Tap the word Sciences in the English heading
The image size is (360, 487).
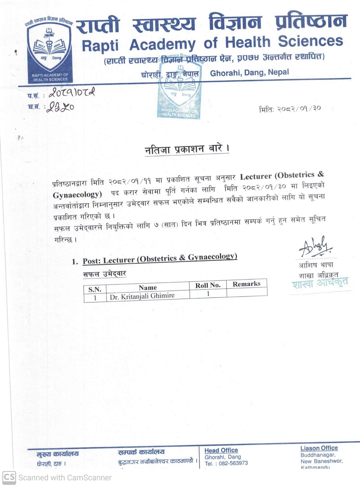click(310, 41)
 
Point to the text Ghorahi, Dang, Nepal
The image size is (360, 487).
click(249, 72)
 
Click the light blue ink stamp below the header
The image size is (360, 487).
click(179, 91)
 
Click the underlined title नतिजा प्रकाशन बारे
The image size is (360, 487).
click(187, 149)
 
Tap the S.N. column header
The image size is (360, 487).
click(95, 289)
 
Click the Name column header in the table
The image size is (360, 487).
click(148, 288)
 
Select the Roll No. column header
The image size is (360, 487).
click(208, 285)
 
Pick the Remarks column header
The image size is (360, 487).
click(246, 284)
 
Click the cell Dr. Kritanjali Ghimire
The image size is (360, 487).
click(142, 296)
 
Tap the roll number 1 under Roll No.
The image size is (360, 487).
click(208, 294)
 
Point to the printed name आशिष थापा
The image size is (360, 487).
click(316, 265)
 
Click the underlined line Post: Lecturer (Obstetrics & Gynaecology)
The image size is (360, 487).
click(160, 259)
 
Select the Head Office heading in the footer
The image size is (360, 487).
click(221, 450)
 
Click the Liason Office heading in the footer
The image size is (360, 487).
click(319, 448)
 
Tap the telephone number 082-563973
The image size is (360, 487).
click(233, 463)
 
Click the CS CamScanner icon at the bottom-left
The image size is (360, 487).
click(9, 477)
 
